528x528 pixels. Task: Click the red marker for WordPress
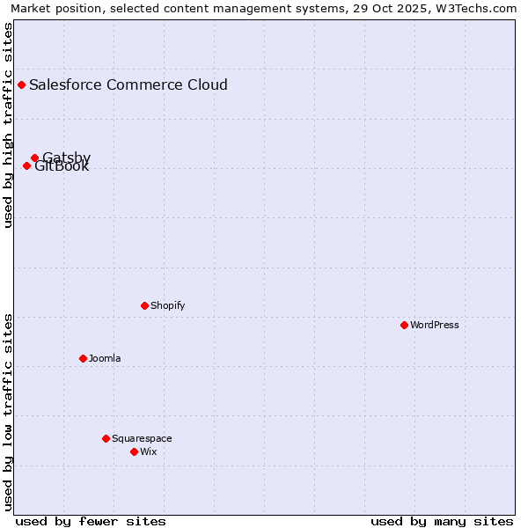click(404, 325)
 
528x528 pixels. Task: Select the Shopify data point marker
click(144, 305)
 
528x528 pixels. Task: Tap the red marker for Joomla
click(83, 358)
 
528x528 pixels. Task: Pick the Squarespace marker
click(106, 438)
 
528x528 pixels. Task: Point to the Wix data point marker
click(134, 451)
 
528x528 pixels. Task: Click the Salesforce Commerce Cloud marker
click(21, 84)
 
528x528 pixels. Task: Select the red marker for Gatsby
click(34, 158)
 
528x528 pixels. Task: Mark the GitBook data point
click(26, 165)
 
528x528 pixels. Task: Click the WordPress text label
click(434, 325)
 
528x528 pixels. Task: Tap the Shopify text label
click(167, 305)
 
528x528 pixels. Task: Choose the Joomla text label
click(105, 358)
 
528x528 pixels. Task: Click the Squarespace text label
click(142, 438)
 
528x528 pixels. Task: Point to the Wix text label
click(148, 451)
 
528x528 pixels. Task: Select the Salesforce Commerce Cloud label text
click(128, 84)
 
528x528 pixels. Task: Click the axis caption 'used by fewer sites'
click(91, 521)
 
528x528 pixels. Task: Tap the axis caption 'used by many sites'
click(442, 521)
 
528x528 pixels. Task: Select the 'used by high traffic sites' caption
click(9, 125)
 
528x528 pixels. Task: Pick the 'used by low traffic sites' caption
click(9, 412)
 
